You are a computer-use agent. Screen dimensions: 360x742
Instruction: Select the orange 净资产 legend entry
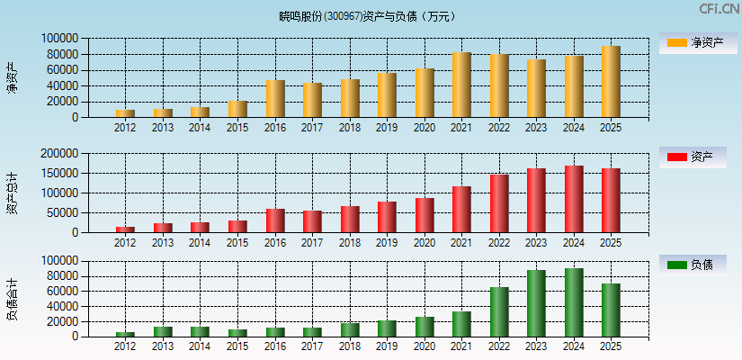[x=692, y=42]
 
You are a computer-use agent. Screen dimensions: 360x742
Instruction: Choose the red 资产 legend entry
[x=692, y=157]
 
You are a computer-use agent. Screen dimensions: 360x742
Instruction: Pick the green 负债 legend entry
[x=692, y=265]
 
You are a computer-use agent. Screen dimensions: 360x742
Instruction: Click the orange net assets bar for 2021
[x=461, y=85]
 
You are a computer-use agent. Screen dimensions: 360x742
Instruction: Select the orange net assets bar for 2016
[x=275, y=99]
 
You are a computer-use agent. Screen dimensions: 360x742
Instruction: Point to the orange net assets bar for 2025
[x=611, y=82]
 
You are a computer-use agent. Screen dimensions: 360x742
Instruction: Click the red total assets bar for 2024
[x=574, y=199]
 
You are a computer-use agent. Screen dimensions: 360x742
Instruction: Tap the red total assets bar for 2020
[x=425, y=215]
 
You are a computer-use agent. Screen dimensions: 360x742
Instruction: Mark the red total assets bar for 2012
[x=125, y=229]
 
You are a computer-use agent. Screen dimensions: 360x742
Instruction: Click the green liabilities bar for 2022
[x=499, y=311]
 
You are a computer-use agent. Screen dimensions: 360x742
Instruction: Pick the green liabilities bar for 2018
[x=350, y=329]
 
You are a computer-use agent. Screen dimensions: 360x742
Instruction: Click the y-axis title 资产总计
[x=12, y=193]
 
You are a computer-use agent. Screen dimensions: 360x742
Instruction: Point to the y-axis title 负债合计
[x=12, y=299]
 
